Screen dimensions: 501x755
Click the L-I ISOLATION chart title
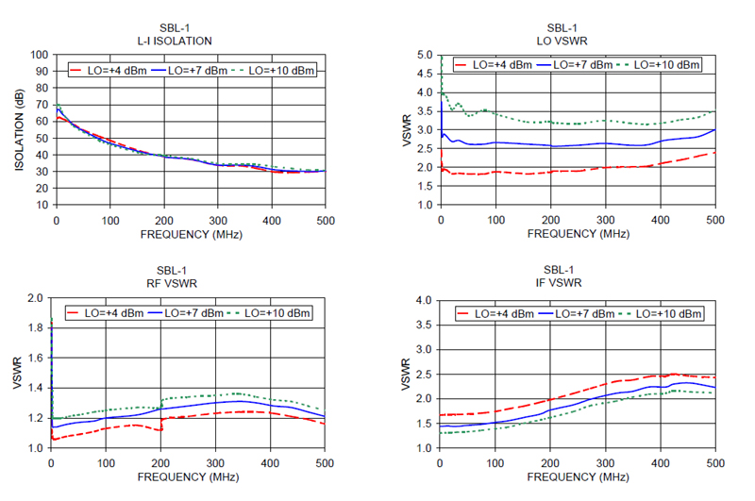(175, 41)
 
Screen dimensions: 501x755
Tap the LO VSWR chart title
(578, 41)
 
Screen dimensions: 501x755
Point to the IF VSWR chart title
(578, 282)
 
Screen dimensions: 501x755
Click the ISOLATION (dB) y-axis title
(19, 130)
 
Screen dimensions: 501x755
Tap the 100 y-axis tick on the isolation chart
(40, 55)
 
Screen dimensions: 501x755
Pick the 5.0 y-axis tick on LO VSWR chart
(424, 55)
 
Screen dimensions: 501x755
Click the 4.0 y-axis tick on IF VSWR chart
(424, 300)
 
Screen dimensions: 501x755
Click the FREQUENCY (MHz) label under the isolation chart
(188, 233)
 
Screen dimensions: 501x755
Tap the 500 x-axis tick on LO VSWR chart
(715, 219)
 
